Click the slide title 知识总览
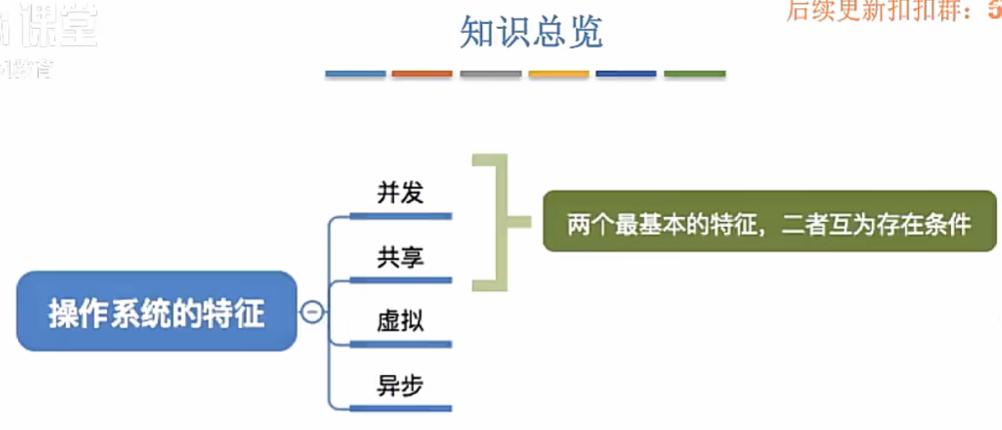pos(531,33)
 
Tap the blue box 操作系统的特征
pos(156,312)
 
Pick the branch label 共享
pos(401,257)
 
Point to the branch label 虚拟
pos(401,321)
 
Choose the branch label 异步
pos(401,385)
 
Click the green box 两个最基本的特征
pos(769,221)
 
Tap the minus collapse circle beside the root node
pos(312,312)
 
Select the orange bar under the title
pos(422,74)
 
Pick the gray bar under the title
pos(490,74)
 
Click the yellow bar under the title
pos(559,74)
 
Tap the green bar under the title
pos(694,74)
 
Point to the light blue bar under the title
pos(355,74)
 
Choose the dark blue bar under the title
pos(626,74)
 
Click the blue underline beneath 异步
pos(401,407)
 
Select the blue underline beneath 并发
pos(401,216)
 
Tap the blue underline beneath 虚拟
pos(401,344)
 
